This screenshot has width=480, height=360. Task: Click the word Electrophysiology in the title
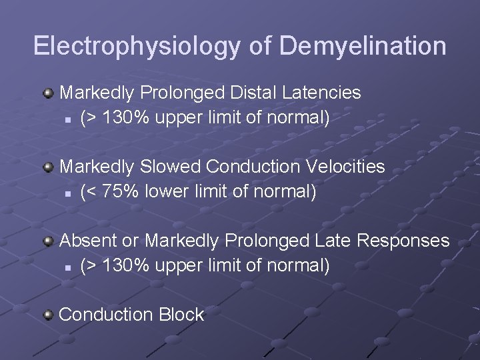pyautogui.click(x=136, y=46)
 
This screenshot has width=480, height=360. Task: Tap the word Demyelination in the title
pyautogui.click(x=363, y=46)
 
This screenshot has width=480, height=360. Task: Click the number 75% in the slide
pyautogui.click(x=113, y=192)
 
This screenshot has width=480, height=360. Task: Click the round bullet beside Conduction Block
pyautogui.click(x=48, y=314)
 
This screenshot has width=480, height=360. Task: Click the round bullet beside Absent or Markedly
pyautogui.click(x=48, y=240)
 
